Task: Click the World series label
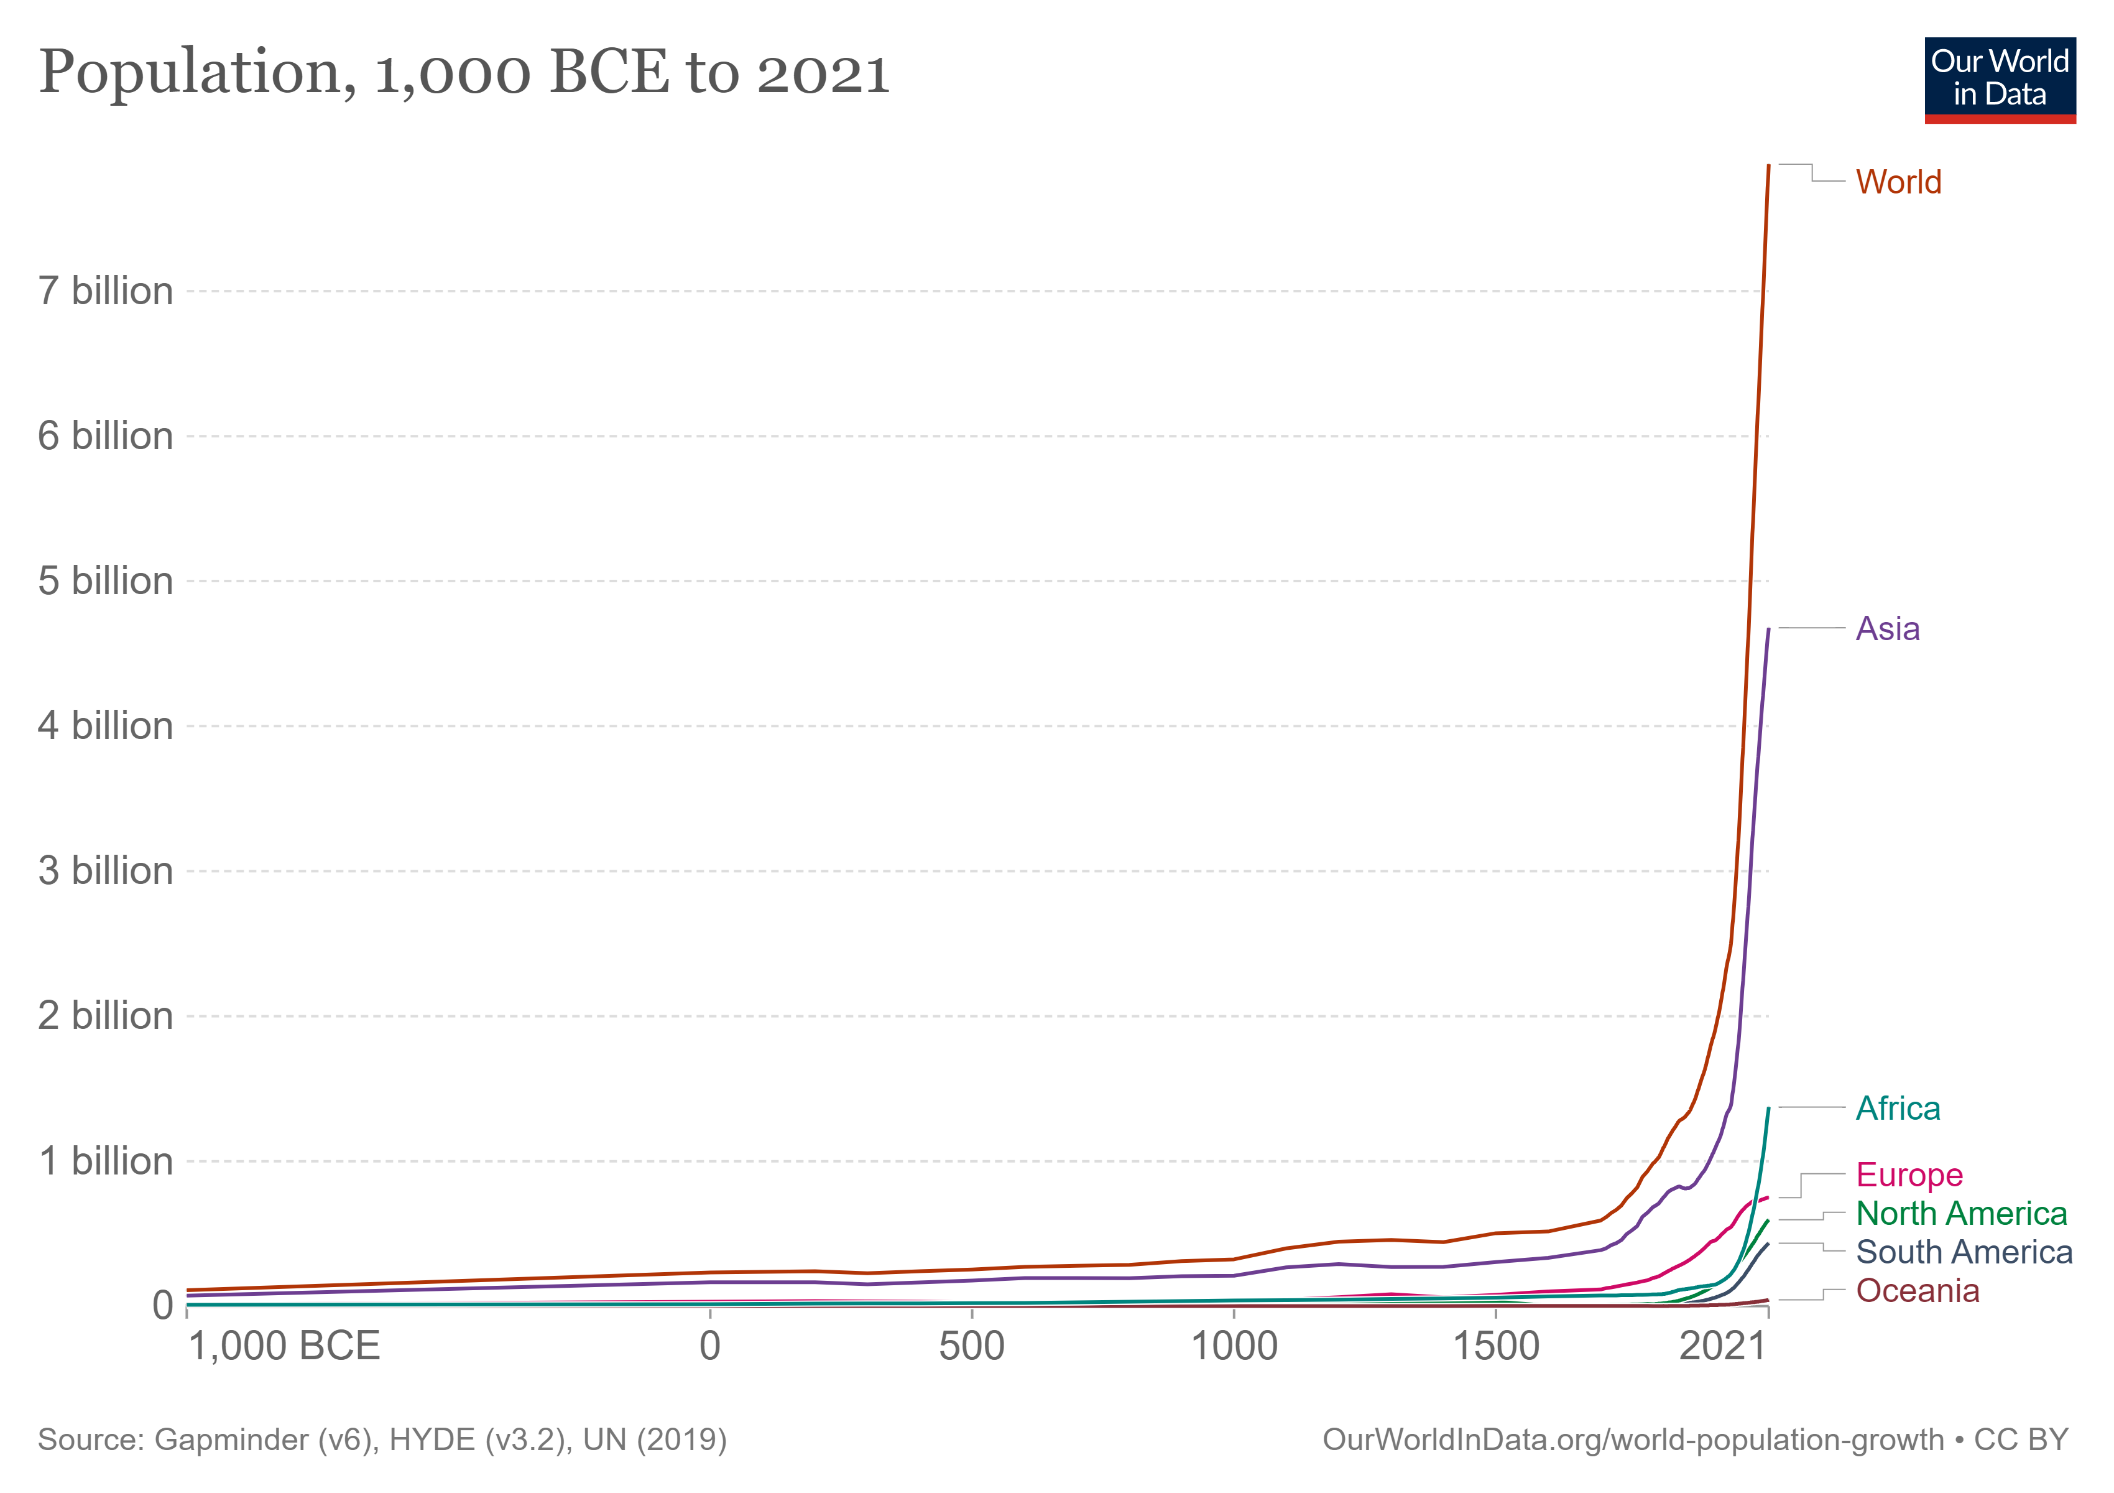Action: click(x=1898, y=182)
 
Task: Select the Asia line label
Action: click(x=1888, y=629)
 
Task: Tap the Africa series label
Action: click(x=1898, y=1108)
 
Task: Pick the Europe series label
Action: click(x=1909, y=1174)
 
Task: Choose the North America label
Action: click(x=1961, y=1213)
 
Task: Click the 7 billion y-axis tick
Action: click(x=105, y=291)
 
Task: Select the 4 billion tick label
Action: click(x=105, y=726)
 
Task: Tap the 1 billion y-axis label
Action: click(x=105, y=1161)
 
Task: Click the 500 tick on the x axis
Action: click(x=971, y=1347)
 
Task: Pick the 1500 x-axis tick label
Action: click(x=1495, y=1347)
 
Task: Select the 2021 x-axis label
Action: click(x=1722, y=1347)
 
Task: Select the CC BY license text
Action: click(x=2020, y=1440)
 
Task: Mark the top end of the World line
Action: click(x=1768, y=167)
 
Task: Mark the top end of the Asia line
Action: click(x=1768, y=630)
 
